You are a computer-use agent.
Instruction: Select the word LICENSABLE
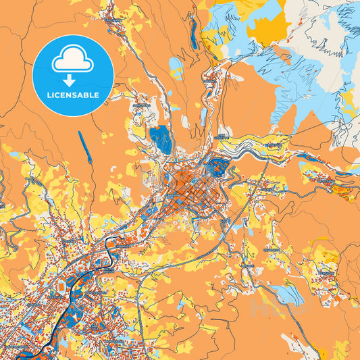72,95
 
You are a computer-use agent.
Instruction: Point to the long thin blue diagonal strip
84,148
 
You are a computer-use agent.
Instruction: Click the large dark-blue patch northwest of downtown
161,139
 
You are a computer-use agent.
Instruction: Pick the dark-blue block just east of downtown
218,166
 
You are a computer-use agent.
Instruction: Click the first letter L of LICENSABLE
48,95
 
